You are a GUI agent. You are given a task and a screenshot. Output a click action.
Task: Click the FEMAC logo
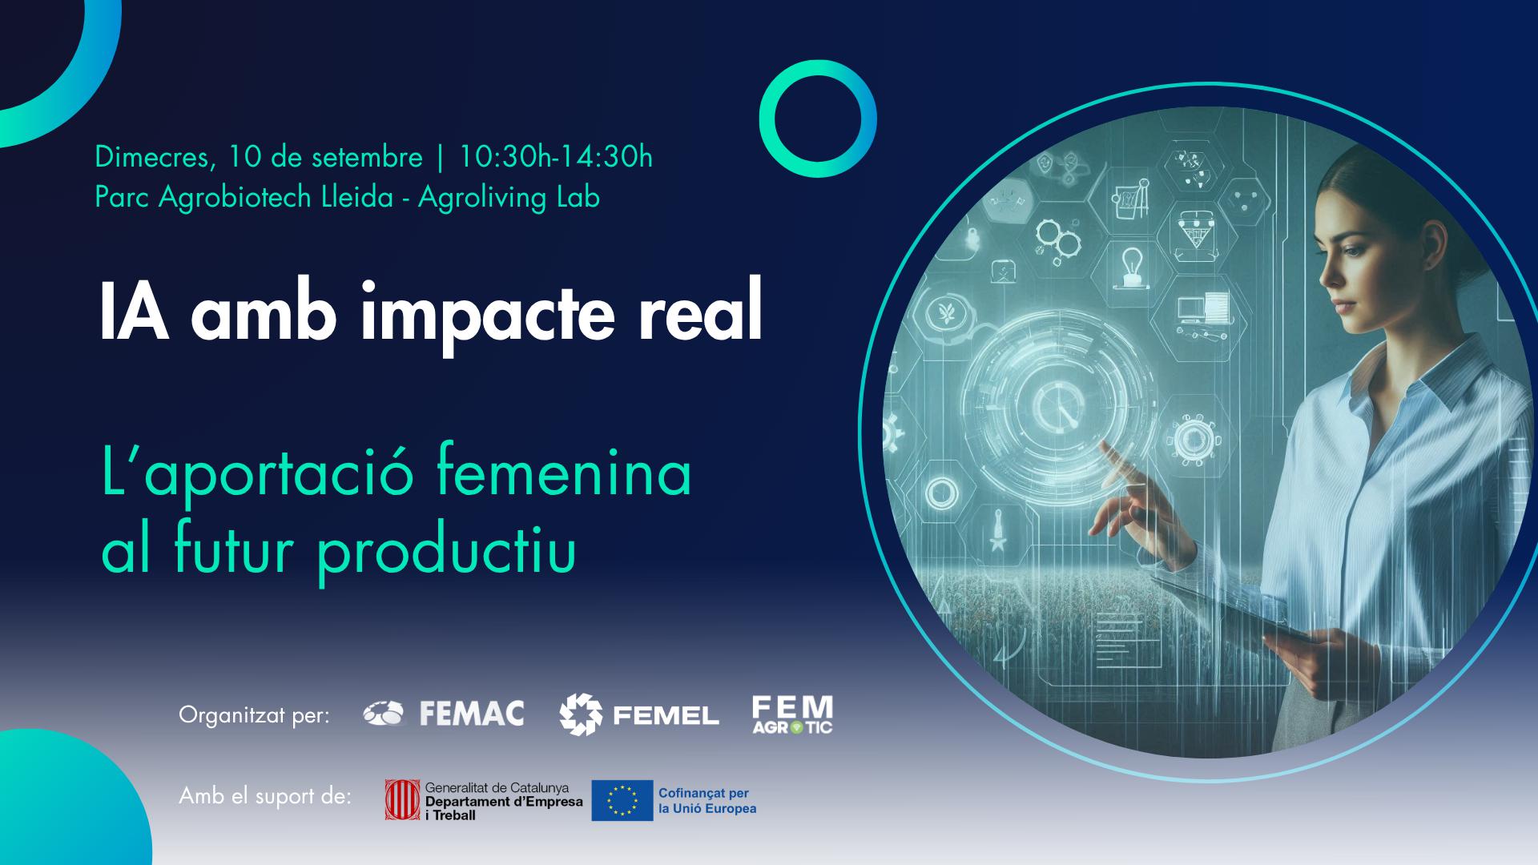[x=443, y=713]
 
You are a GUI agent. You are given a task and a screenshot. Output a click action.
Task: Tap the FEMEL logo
[x=639, y=714]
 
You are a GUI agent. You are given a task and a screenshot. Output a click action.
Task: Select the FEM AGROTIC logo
[x=792, y=714]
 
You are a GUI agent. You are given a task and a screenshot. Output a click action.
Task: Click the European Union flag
[x=622, y=801]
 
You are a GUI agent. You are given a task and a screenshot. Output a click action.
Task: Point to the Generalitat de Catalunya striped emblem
[x=402, y=800]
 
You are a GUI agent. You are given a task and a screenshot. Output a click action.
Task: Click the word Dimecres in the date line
[x=151, y=158]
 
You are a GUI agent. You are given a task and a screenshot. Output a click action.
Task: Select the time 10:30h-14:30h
[x=555, y=158]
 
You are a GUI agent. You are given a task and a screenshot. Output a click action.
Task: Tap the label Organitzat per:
[x=255, y=715]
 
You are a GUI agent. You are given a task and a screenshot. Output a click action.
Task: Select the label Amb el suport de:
[x=265, y=797]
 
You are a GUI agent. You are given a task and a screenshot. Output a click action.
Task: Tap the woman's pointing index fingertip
[x=1103, y=445]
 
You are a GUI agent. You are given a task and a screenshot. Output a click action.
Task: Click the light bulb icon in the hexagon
[x=1131, y=265]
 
